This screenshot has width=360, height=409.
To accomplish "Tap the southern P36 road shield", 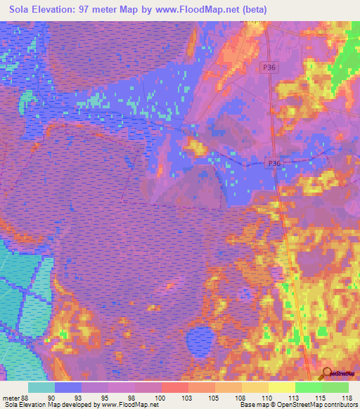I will point(276,163).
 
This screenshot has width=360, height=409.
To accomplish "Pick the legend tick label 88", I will point(27,398).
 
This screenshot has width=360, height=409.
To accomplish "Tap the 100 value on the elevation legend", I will point(160,398).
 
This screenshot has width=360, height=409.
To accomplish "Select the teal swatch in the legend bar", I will point(41,387).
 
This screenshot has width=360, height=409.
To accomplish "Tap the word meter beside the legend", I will point(11,398).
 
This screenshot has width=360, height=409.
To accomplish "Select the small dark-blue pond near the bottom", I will point(199,341).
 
